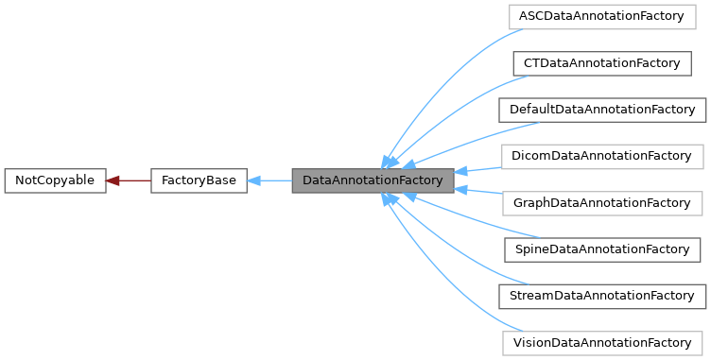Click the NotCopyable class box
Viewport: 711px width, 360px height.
point(54,180)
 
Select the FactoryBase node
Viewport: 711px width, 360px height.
point(199,180)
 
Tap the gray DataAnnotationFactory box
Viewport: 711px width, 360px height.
point(373,180)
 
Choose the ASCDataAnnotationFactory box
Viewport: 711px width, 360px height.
point(600,17)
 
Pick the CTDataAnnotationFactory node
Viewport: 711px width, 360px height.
point(600,63)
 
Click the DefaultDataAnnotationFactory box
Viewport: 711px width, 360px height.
point(602,110)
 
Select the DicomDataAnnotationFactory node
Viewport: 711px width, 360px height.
point(601,156)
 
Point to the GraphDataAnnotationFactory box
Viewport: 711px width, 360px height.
point(601,203)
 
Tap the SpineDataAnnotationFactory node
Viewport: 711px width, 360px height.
point(601,249)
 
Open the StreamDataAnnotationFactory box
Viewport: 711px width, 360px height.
point(602,296)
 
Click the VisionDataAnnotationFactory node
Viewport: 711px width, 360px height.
point(601,342)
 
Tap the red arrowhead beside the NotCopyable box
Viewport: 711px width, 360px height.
point(113,180)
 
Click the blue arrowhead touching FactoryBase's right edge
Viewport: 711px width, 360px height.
point(254,180)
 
